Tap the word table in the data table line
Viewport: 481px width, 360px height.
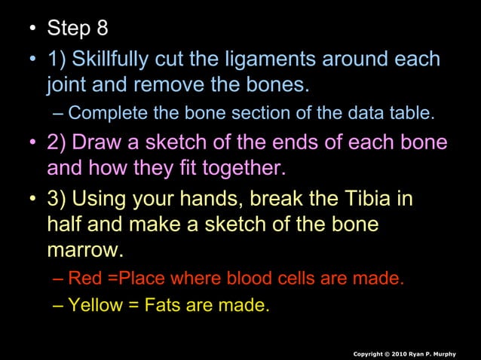coord(413,114)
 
